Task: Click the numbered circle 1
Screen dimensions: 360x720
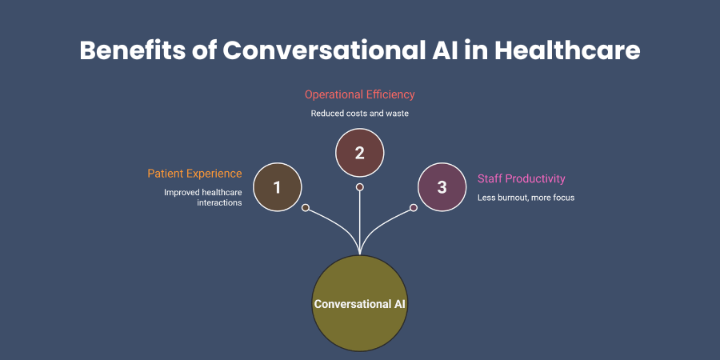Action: (x=277, y=187)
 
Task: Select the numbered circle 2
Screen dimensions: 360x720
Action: (x=359, y=152)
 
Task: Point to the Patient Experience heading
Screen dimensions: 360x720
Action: (x=194, y=174)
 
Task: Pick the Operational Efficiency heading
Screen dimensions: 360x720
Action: (x=359, y=94)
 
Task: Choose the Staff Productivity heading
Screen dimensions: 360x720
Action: (x=521, y=178)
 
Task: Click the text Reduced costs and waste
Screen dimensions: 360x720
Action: (x=359, y=114)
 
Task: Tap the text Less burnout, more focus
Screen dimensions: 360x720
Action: (x=526, y=198)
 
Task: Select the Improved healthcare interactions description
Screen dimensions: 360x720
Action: (x=203, y=198)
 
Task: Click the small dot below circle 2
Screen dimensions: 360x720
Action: (x=359, y=187)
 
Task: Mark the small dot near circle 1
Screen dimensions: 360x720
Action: (x=306, y=207)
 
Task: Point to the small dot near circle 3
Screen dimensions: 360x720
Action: (x=414, y=207)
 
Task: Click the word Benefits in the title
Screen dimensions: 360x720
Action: (x=135, y=50)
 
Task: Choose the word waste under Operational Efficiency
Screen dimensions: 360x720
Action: (x=396, y=114)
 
